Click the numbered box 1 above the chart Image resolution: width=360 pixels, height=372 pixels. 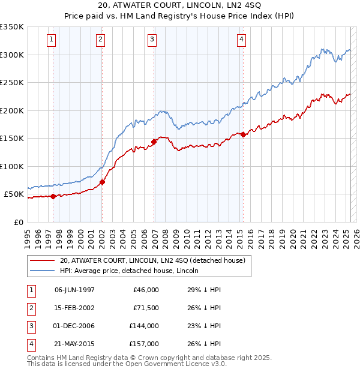[52, 40]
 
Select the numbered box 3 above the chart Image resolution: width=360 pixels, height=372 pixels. [152, 40]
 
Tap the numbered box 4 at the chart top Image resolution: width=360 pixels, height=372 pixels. [241, 40]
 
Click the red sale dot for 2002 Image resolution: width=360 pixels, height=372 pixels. [102, 182]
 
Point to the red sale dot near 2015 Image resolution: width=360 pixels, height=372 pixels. [243, 134]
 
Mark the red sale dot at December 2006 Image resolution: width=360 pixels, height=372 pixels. [154, 142]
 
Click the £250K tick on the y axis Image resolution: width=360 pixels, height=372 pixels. [12, 82]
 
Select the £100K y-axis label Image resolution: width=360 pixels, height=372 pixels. [12, 166]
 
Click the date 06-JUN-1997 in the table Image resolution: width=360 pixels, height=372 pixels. [74, 290]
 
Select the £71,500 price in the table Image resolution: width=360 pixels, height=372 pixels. [145, 308]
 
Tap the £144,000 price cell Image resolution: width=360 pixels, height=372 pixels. [144, 326]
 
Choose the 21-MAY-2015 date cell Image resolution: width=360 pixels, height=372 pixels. [74, 344]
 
